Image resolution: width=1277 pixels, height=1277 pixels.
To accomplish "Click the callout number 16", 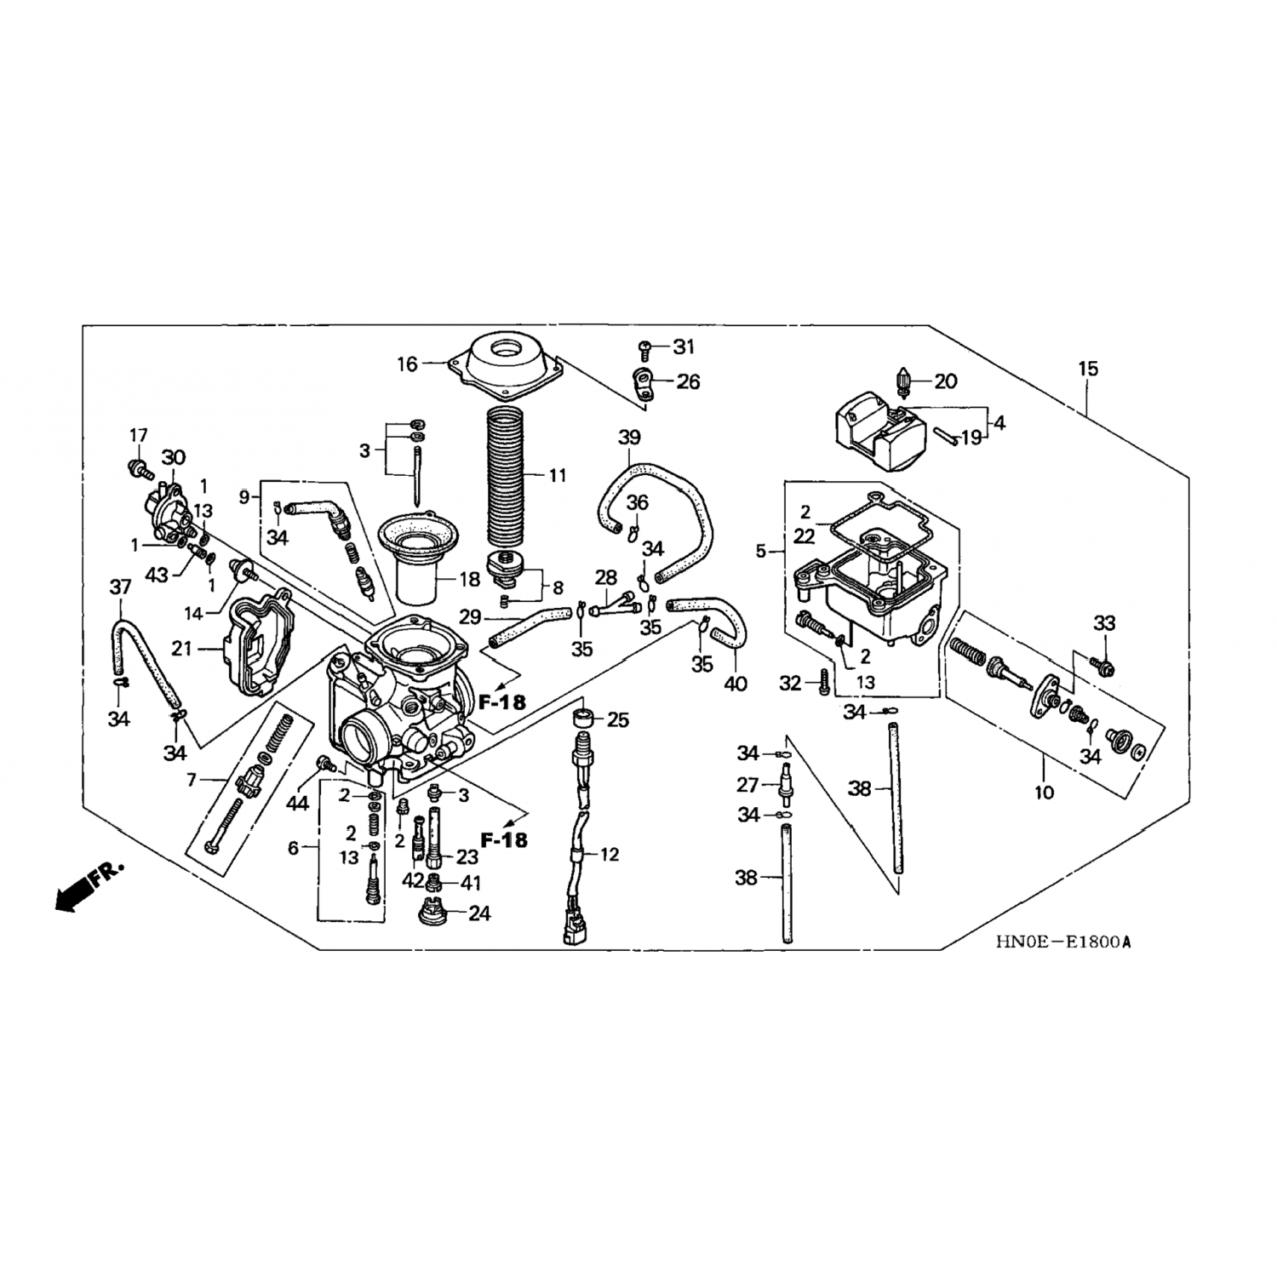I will [408, 364].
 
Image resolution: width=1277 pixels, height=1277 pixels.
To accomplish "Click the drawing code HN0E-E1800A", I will [1068, 942].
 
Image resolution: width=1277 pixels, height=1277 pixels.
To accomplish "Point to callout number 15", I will [1088, 369].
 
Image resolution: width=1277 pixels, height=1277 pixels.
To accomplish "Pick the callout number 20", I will [946, 381].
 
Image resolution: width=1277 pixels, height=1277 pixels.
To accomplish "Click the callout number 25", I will [618, 720].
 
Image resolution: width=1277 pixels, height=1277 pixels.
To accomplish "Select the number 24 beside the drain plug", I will [479, 913].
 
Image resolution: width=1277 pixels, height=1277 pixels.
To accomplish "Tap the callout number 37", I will [120, 587].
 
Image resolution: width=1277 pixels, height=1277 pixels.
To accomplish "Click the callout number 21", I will [181, 649].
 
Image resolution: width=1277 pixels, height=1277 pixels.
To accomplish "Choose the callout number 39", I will [629, 438].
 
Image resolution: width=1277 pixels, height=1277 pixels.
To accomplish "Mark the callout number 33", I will [1104, 623].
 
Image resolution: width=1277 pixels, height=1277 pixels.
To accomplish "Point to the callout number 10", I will [1044, 793].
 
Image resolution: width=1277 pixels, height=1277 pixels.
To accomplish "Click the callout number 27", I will [747, 784].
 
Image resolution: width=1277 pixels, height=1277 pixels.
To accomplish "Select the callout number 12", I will [610, 854].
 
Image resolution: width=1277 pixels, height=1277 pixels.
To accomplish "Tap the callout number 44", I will [297, 802].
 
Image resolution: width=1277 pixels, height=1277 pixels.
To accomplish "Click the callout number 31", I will [684, 346].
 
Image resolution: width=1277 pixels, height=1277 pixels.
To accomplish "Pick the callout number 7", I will [192, 779].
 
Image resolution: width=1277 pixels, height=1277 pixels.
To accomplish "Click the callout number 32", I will [791, 683].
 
